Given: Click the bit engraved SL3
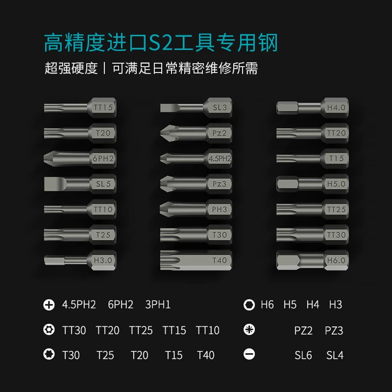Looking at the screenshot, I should tap(196, 107).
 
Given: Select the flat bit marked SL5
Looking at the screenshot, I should tap(79, 184).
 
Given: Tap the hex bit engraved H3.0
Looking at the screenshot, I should tap(79, 260).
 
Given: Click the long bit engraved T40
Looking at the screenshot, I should tap(196, 260).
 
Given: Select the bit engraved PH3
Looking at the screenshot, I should tap(196, 209).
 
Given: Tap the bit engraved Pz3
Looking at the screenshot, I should tap(196, 184).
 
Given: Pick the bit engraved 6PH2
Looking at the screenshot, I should tap(79, 158).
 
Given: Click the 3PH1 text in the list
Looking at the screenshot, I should tap(158, 305).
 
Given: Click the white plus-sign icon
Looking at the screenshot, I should tap(49, 305).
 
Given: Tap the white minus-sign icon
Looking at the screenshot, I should tap(249, 354).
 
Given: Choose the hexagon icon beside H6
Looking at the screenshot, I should tap(249, 305).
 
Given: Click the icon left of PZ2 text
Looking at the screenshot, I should tap(249, 329).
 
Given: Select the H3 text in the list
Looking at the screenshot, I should tap(336, 305).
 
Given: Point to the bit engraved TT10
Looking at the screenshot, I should tap(79, 209).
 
